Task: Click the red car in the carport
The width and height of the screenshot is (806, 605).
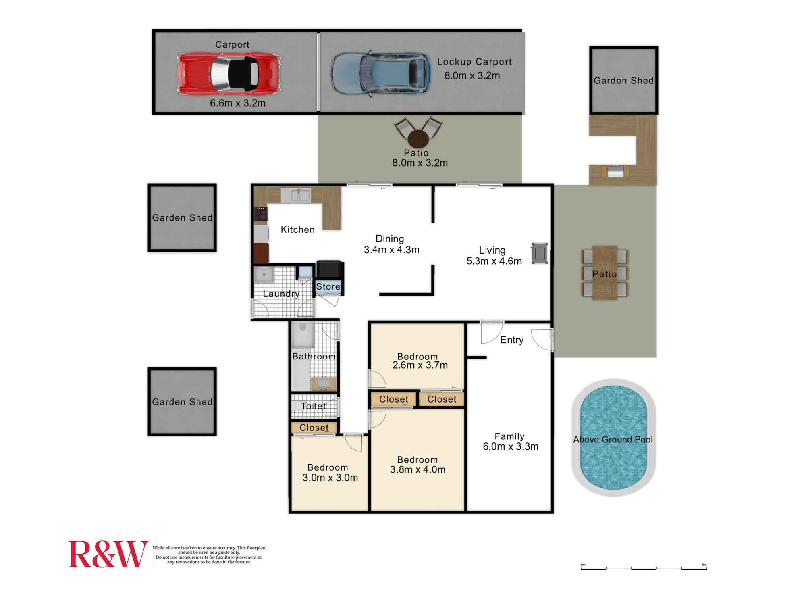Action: click(229, 74)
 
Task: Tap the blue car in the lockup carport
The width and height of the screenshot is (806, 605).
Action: click(380, 74)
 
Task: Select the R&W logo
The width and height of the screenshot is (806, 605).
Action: click(108, 554)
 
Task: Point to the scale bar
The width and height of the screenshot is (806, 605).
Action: click(644, 567)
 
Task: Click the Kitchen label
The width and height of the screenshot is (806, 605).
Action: click(297, 229)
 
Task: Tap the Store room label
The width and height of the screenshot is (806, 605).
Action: click(328, 286)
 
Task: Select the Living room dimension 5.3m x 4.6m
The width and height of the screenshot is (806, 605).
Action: click(494, 261)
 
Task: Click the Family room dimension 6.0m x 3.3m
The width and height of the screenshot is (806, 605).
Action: click(511, 446)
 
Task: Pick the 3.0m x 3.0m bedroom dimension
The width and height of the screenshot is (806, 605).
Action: click(330, 478)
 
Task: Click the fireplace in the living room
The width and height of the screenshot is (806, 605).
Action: click(540, 253)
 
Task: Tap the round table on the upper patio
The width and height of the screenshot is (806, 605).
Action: click(418, 139)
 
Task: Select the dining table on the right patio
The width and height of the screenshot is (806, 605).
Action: click(605, 273)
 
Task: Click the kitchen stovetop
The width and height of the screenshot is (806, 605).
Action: click(260, 213)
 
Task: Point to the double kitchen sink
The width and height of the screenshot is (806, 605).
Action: click(295, 195)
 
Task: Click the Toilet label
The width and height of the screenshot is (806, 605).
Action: click(314, 406)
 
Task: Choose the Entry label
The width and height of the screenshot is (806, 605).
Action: click(512, 340)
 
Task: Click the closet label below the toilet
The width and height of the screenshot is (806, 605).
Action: click(314, 428)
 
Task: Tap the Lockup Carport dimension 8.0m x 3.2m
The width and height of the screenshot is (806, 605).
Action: click(472, 75)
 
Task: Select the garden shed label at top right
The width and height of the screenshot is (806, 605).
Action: click(623, 81)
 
